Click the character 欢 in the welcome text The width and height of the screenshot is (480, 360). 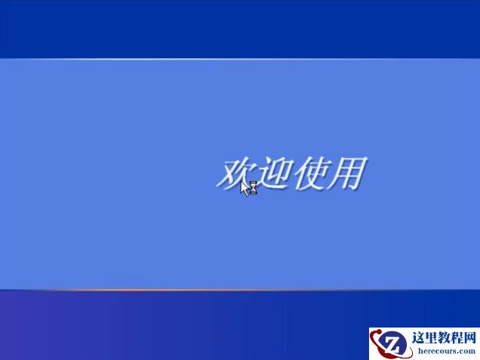click(x=235, y=173)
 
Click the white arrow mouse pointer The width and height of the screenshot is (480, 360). click(x=245, y=187)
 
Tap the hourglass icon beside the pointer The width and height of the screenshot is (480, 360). click(x=254, y=188)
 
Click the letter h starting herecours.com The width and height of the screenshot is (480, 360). click(x=416, y=351)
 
